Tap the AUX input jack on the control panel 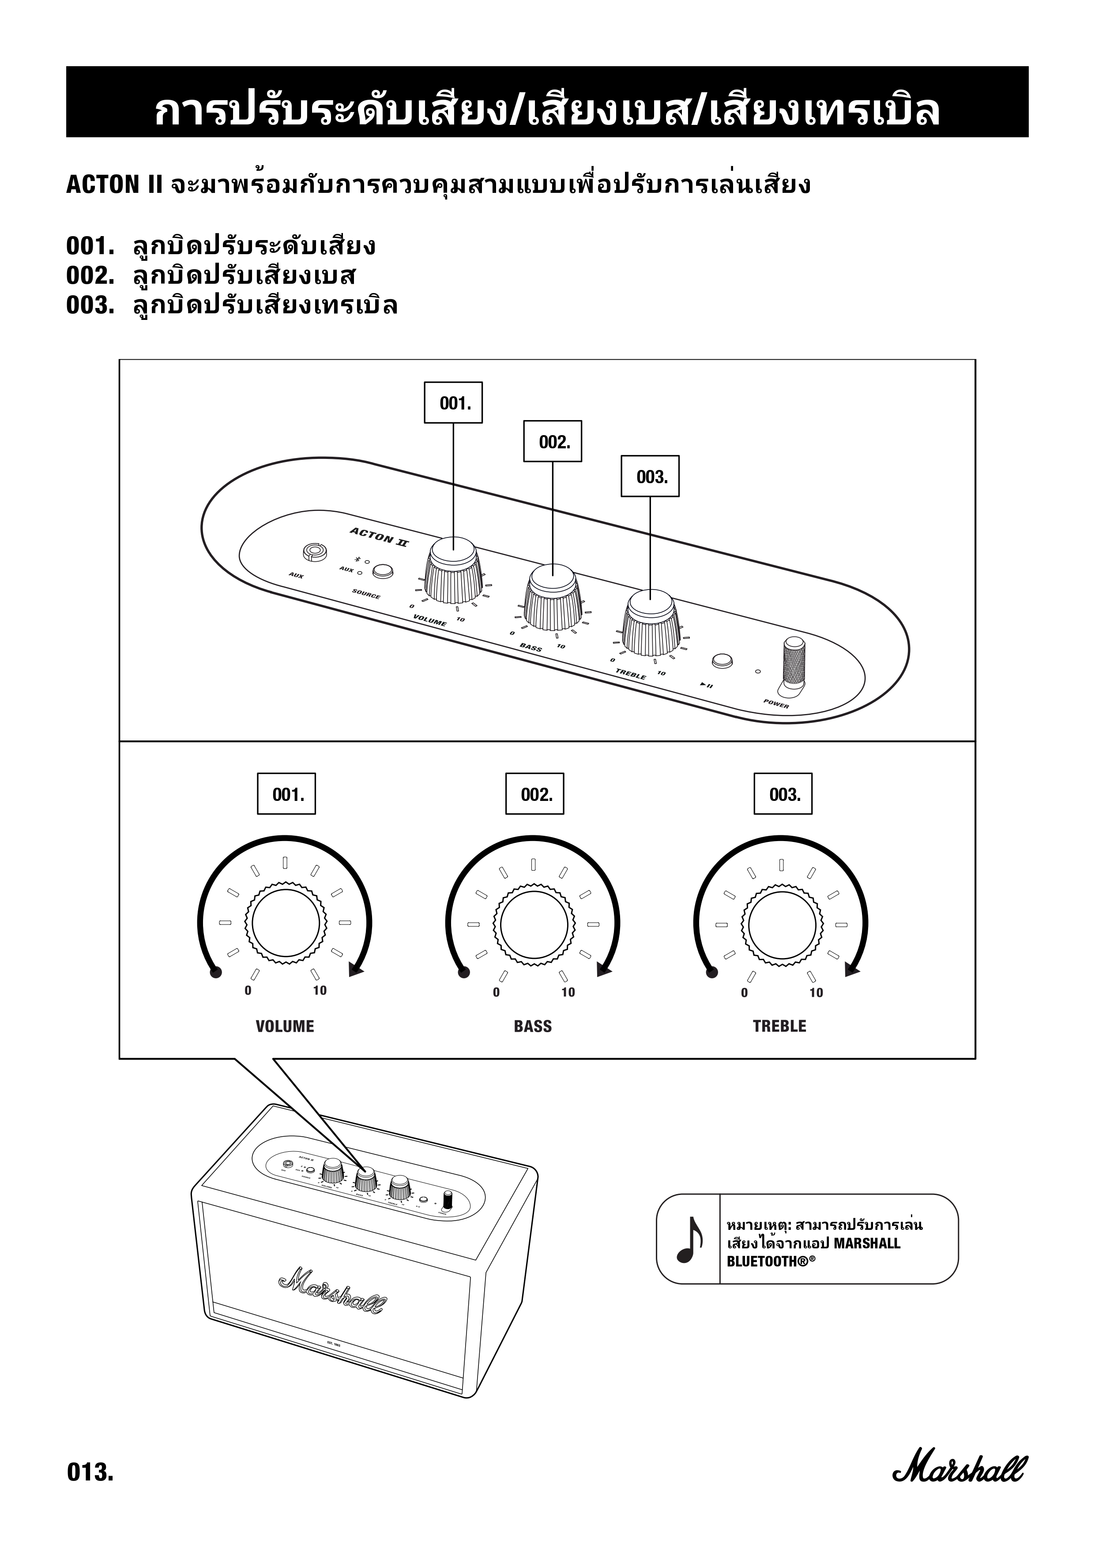point(313,552)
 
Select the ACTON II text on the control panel point(378,537)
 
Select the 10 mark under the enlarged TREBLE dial point(816,992)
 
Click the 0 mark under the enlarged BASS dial point(496,992)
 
